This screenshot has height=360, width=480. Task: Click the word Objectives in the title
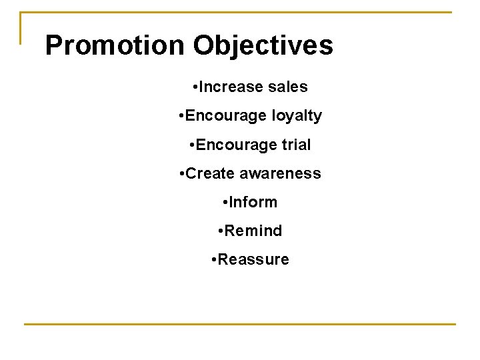[x=263, y=45]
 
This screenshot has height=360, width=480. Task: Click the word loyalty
[x=297, y=116]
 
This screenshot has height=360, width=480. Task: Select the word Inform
[x=253, y=202]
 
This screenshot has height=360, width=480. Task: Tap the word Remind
[x=253, y=231]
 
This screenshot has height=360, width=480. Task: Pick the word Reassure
[x=253, y=259]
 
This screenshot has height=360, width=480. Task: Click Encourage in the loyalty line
[x=227, y=116]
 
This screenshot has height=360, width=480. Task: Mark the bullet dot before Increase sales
[x=193, y=87]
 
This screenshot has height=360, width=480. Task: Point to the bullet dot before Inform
[x=225, y=203]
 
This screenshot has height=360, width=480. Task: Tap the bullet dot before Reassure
[x=213, y=260]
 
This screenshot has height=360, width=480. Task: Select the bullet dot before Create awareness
[x=181, y=174]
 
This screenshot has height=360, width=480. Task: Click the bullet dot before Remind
[x=220, y=231]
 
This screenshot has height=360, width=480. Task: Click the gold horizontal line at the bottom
[x=240, y=324]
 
